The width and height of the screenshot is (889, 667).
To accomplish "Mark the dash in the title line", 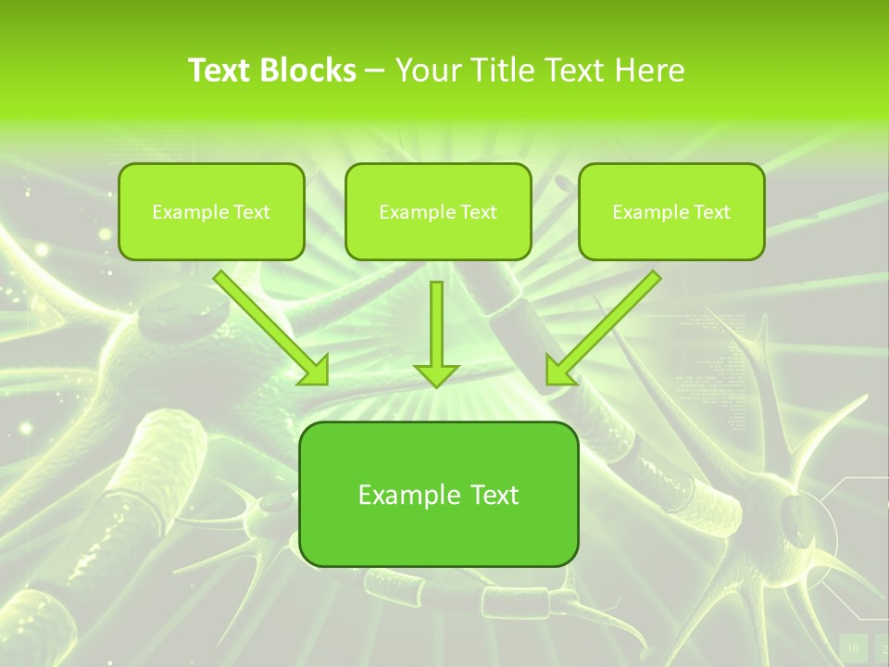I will (x=375, y=71).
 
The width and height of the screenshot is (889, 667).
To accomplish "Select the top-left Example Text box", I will (x=211, y=211).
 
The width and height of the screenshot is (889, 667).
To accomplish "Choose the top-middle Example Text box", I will (x=438, y=211).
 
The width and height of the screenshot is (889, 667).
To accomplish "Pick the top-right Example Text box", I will (x=671, y=211).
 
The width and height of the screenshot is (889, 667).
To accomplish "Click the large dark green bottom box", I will (x=439, y=494).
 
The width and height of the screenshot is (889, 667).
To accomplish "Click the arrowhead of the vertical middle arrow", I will (x=436, y=374).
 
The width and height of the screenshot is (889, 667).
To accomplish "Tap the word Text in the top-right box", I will (x=712, y=212).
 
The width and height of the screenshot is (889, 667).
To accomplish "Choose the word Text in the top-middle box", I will (x=479, y=212).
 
